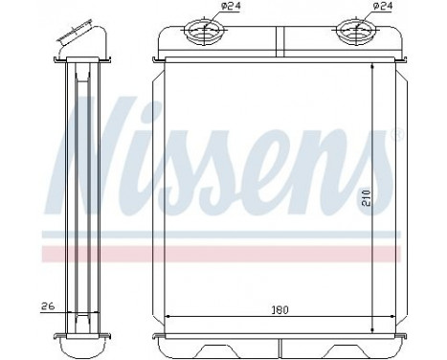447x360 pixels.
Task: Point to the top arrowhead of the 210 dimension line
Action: [371, 66]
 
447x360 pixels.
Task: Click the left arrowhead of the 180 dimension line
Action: [170, 317]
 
